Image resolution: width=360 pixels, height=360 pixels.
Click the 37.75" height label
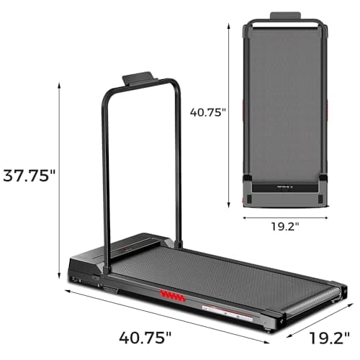tap(29, 176)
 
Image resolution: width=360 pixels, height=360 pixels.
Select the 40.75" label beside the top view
tap(208, 112)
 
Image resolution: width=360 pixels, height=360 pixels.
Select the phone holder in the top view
tap(284, 17)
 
